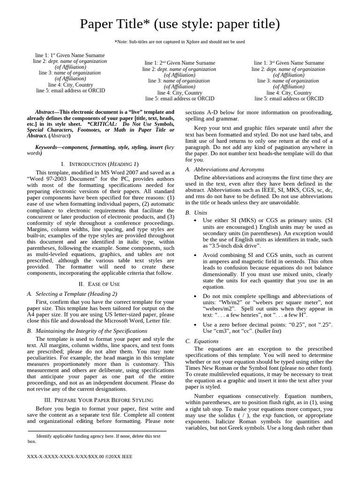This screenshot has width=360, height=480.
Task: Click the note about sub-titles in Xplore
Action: pos(180,42)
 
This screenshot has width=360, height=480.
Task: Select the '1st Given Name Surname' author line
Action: pos(70,55)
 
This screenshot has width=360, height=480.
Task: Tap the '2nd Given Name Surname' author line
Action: pos(180,63)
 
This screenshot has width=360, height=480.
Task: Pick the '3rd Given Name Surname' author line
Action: pos(289,63)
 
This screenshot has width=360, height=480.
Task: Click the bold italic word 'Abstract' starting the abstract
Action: pos(45,112)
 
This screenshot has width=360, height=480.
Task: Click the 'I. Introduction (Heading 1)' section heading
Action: pos(100,164)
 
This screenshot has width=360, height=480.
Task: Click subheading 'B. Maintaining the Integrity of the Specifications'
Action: pos(87,330)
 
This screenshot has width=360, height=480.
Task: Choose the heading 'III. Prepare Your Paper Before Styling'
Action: pos(99,400)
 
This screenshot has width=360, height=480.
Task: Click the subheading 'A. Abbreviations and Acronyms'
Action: pos(225,169)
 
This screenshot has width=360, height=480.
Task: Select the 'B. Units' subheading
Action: pos(196,212)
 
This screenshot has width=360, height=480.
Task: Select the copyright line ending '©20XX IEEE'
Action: pos(80,456)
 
